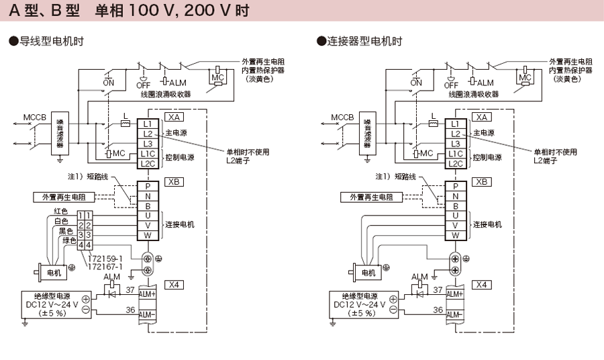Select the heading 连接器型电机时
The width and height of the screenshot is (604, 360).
(x=363, y=42)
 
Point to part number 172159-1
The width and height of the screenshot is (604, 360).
(x=105, y=259)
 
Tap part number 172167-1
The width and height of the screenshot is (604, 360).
(x=105, y=267)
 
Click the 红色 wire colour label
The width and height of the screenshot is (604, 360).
(x=61, y=211)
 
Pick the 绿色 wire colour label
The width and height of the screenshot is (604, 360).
(x=69, y=240)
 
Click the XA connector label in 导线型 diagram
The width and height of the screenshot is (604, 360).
(x=173, y=117)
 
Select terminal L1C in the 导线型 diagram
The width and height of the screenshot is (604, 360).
(x=148, y=153)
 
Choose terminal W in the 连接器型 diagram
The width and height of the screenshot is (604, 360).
(x=455, y=235)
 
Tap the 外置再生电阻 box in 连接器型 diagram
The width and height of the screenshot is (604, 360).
(x=371, y=197)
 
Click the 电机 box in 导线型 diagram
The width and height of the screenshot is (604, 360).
(x=53, y=273)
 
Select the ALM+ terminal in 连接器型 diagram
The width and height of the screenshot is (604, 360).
(x=454, y=294)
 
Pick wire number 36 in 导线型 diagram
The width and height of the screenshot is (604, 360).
(x=130, y=310)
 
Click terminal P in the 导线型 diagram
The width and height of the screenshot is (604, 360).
(x=148, y=186)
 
